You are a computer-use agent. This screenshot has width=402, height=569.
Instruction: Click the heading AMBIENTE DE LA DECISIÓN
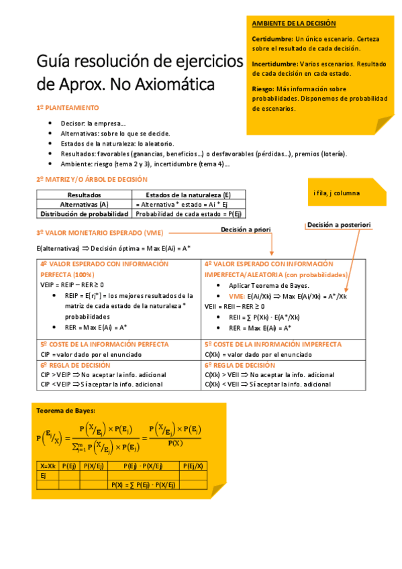pyautogui.click(x=294, y=23)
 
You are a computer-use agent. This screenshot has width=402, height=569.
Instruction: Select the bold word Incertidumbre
pyautogui.click(x=275, y=64)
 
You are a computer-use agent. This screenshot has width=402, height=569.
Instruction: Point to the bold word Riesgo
pyautogui.click(x=262, y=88)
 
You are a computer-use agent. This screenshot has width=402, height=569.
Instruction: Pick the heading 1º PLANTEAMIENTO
pyautogui.click(x=67, y=107)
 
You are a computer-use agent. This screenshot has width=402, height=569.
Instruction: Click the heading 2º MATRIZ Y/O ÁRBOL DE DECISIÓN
pyautogui.click(x=91, y=180)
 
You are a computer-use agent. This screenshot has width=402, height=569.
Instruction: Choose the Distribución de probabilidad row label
pyautogui.click(x=85, y=213)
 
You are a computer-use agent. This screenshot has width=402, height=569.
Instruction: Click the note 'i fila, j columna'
pyautogui.click(x=336, y=193)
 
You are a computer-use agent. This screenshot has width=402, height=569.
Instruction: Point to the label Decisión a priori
pyautogui.click(x=246, y=230)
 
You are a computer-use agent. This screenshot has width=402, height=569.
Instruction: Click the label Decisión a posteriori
pyautogui.click(x=339, y=225)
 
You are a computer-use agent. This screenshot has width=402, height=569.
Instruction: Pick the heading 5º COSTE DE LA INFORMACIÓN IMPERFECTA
pyautogui.click(x=272, y=344)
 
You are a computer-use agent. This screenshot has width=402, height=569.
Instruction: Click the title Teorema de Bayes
pyautogui.click(x=65, y=410)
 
